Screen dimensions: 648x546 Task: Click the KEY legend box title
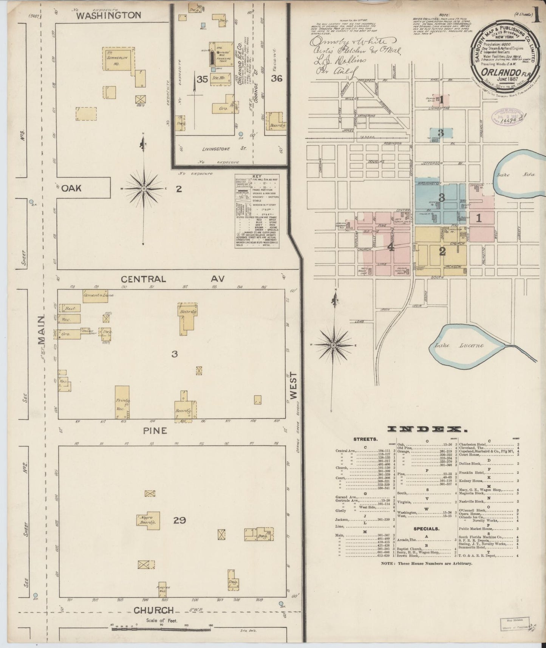click(257, 177)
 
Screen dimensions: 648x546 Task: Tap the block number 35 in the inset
click(202, 79)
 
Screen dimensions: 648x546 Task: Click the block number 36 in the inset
click(277, 78)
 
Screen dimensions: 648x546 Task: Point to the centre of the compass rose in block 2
click(144, 188)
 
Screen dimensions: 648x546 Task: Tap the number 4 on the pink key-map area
click(391, 247)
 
